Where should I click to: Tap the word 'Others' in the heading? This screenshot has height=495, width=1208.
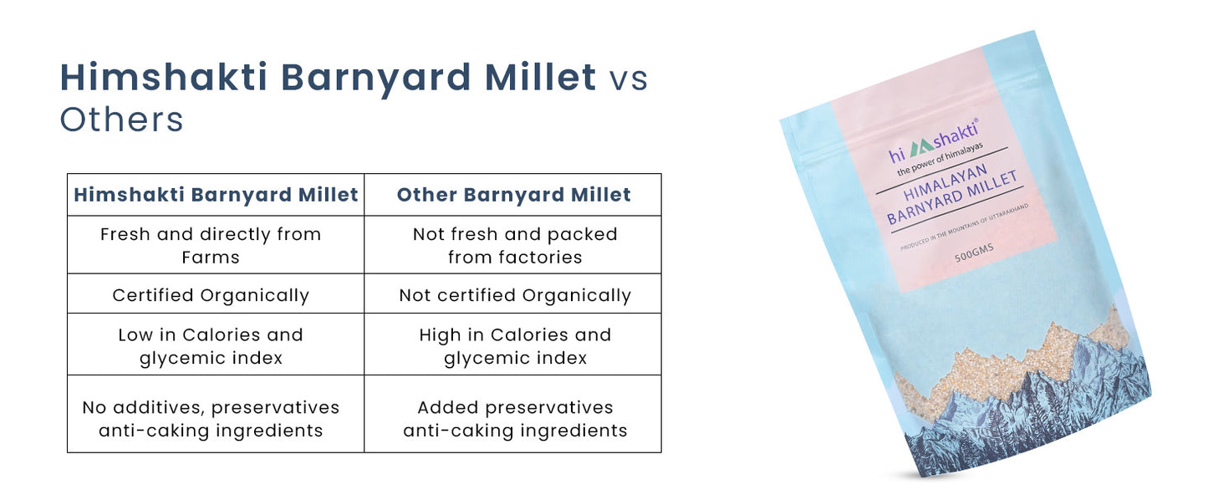[121, 120]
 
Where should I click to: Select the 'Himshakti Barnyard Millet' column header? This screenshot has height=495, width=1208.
[216, 195]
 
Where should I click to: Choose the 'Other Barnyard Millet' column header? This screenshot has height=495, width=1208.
[513, 195]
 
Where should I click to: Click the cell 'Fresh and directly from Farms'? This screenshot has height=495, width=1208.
[211, 245]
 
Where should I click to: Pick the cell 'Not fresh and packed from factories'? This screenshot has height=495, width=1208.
[515, 245]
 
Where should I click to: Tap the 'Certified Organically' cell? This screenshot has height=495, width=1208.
[211, 295]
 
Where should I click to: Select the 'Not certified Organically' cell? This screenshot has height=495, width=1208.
[515, 295]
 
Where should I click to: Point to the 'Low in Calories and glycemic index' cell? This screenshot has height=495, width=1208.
[211, 345]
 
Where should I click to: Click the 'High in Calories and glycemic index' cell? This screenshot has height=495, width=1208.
[515, 345]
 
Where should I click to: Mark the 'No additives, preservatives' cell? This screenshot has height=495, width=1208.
[211, 418]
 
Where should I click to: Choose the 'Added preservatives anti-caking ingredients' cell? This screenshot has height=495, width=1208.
[515, 418]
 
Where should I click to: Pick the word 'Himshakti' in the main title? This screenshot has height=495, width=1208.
[164, 78]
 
